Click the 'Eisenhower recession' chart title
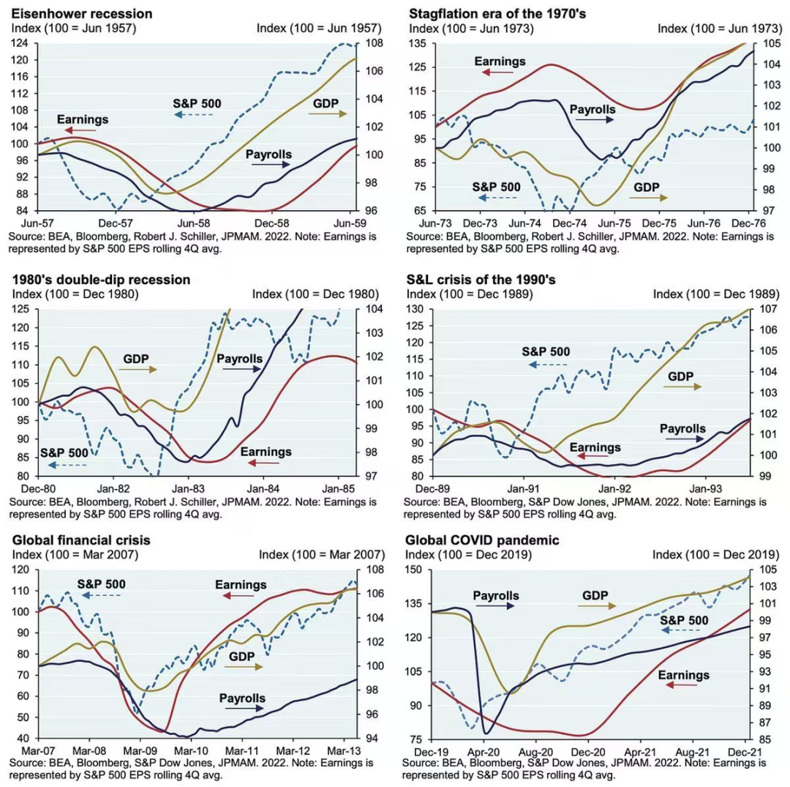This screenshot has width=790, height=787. [x=81, y=13]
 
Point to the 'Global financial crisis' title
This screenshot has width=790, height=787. [x=81, y=540]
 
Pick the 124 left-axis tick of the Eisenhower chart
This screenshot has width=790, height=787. [x=20, y=43]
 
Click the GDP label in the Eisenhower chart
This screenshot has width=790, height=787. [x=326, y=103]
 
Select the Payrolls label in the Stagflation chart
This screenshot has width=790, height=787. [x=592, y=109]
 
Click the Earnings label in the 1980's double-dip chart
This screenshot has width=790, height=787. [x=266, y=452]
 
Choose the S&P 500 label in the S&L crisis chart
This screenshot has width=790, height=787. [x=546, y=351]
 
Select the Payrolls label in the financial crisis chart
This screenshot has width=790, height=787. [x=242, y=698]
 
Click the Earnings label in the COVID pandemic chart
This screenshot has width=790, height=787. [x=684, y=674]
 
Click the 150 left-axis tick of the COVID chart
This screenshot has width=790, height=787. [x=418, y=570]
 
